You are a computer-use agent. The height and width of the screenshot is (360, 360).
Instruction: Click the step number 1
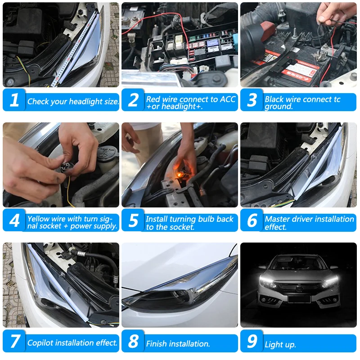click(x=14, y=100)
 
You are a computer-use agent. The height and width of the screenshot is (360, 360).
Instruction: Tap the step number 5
click(x=133, y=221)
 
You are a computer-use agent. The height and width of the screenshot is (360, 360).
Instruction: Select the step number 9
click(x=252, y=342)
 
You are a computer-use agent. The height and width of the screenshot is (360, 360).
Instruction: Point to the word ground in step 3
click(x=279, y=107)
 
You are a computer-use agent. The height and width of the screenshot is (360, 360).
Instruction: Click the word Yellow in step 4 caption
click(x=38, y=219)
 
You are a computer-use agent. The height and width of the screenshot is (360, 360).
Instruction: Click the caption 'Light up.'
click(x=280, y=345)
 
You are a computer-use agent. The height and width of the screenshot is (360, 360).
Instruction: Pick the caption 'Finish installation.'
click(x=178, y=344)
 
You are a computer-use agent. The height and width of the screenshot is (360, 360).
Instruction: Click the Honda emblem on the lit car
click(x=298, y=287)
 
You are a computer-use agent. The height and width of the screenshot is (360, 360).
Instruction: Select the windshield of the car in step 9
click(x=298, y=263)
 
